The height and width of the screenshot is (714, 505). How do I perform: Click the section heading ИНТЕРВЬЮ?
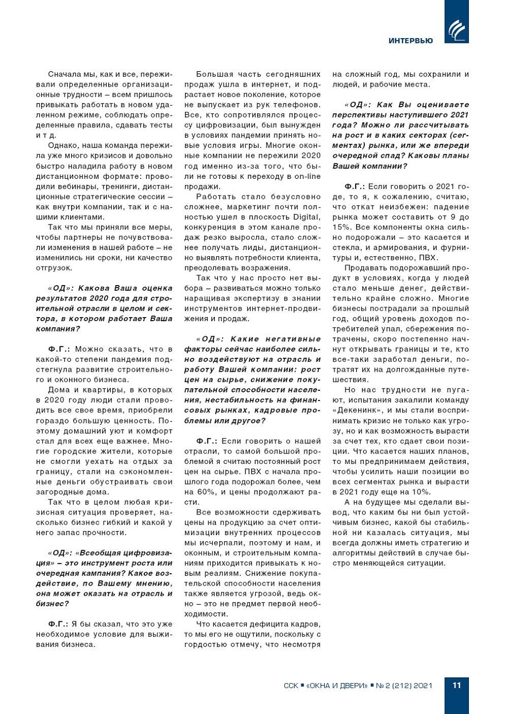(x=410, y=41)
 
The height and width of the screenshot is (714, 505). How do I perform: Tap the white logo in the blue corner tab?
(x=456, y=30)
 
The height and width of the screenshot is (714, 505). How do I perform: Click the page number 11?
(x=457, y=685)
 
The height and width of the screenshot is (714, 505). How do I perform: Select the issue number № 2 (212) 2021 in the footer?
(x=404, y=686)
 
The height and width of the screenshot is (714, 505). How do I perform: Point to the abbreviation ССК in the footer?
(x=291, y=686)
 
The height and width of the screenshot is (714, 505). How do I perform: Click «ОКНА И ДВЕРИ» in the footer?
(x=337, y=686)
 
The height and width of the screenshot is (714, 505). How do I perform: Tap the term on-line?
(x=307, y=176)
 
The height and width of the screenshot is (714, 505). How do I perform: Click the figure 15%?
(x=341, y=227)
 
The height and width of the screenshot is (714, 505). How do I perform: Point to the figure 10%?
(x=421, y=492)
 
